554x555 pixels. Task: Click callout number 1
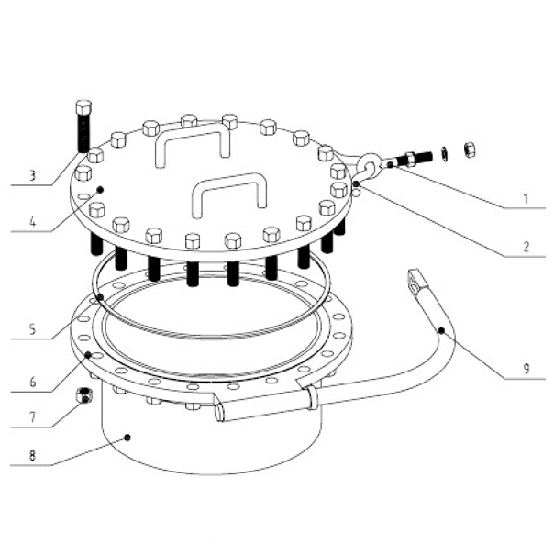(x=526, y=199)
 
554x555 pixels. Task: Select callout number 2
(x=526, y=247)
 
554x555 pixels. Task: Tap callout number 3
(x=32, y=175)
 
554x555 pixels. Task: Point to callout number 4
(x=32, y=222)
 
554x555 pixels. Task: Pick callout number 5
(x=32, y=329)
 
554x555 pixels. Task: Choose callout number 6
(x=33, y=382)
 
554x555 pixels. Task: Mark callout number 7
(x=32, y=417)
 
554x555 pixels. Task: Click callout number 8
(x=32, y=456)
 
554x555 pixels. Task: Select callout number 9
(x=526, y=369)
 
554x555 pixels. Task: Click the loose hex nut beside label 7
(x=84, y=395)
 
